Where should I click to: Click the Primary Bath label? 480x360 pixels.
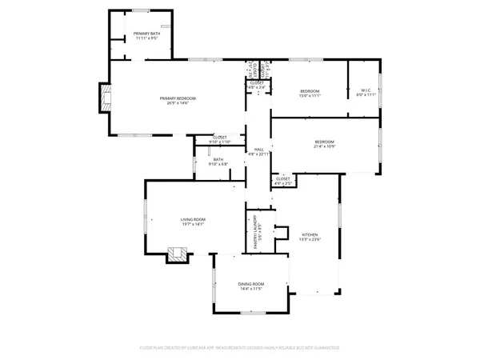tap(145, 33)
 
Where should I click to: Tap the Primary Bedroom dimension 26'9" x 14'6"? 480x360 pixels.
tap(182, 102)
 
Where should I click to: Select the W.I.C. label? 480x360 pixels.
tap(364, 90)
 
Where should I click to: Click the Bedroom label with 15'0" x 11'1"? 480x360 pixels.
tap(310, 90)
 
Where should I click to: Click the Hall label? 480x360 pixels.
tap(259, 149)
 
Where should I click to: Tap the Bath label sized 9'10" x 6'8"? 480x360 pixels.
tap(218, 159)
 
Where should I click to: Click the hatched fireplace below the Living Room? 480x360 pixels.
tap(178, 256)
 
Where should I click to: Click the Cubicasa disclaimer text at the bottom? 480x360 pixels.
tap(240, 348)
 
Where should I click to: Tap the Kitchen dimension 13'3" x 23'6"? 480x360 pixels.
tap(309, 240)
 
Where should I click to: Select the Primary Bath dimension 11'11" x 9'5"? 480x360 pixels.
tap(145, 38)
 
